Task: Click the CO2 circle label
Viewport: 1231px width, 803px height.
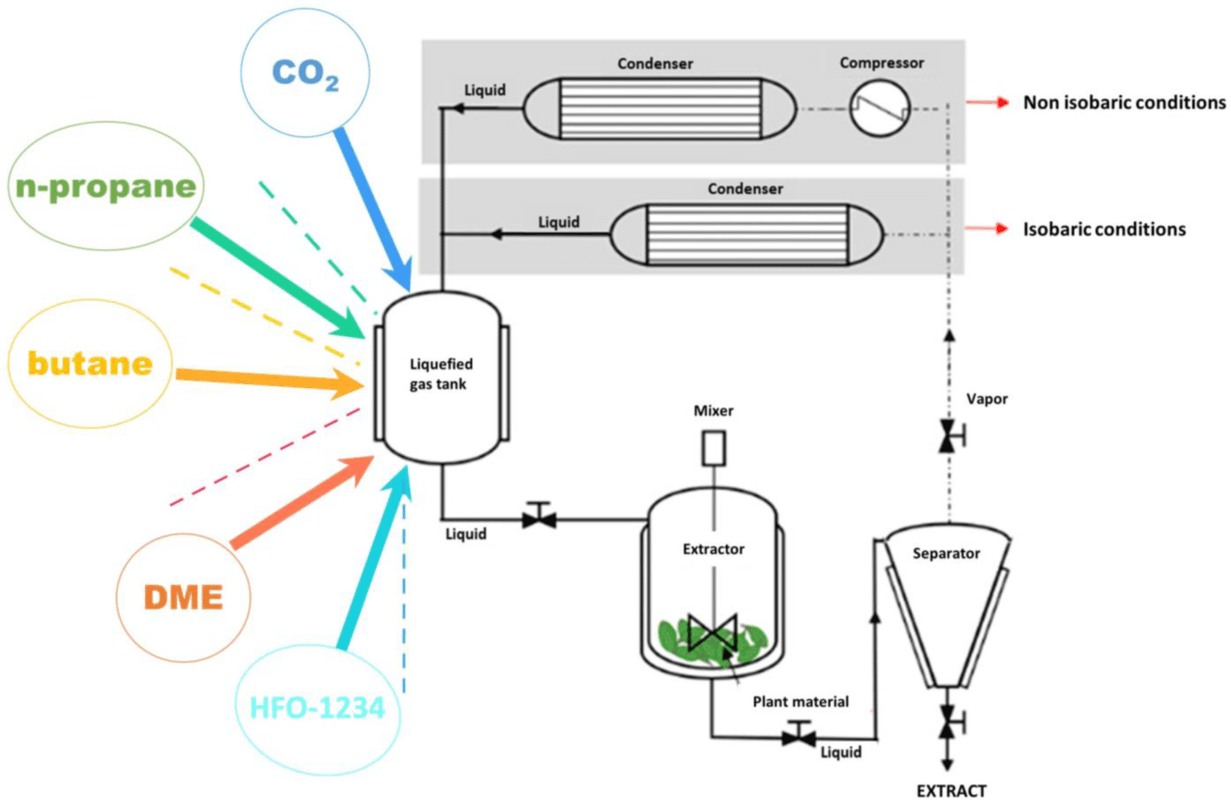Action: (305, 74)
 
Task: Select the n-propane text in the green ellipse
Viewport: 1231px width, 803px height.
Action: (106, 187)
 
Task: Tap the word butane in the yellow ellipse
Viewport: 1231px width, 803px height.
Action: (90, 364)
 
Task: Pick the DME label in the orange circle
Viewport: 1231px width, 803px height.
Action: (183, 598)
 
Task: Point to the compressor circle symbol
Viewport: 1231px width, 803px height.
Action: (879, 109)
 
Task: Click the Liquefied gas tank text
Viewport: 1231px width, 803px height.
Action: (441, 374)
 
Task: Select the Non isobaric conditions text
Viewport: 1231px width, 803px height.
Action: (1124, 103)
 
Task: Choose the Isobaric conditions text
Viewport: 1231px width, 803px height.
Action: (1104, 229)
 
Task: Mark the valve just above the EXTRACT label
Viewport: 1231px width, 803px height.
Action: (949, 721)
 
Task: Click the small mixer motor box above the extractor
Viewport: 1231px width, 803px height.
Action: (713, 448)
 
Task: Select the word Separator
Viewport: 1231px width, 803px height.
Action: (946, 553)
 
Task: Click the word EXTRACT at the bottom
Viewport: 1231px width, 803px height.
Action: (951, 791)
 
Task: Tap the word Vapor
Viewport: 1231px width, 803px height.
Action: (987, 399)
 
